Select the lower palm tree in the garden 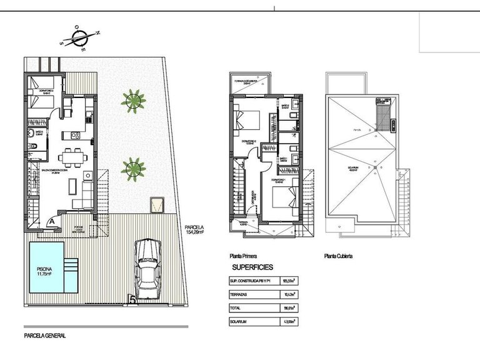point(132,167)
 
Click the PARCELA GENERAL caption point(44,336)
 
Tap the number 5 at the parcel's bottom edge point(132,301)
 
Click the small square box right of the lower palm point(157,204)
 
